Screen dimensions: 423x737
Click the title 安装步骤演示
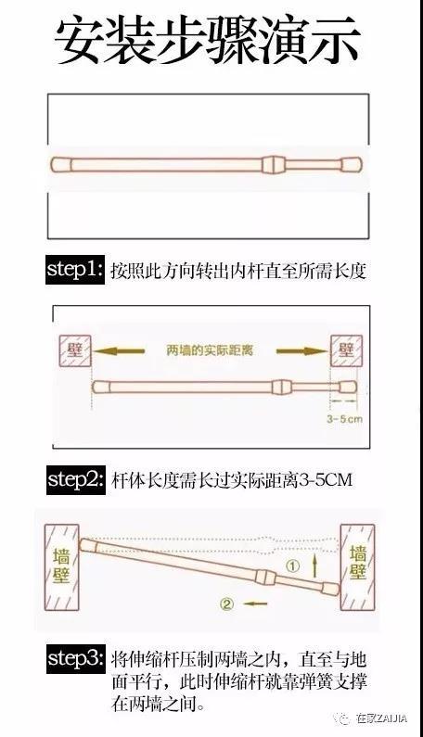(208, 41)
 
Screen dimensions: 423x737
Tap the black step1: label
(75, 270)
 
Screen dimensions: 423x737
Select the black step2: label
(76, 479)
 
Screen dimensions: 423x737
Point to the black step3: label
(76, 659)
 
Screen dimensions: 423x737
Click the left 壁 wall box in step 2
(74, 350)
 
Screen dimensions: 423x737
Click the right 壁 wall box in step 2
(346, 350)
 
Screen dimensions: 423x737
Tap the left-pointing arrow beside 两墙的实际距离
(119, 350)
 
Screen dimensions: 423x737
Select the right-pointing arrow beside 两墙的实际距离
(301, 350)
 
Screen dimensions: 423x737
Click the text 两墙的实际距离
(210, 350)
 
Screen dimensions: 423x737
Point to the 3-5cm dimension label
(344, 418)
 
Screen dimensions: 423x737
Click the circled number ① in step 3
(292, 566)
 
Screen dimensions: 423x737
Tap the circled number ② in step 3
(226, 604)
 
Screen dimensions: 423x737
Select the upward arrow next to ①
(314, 565)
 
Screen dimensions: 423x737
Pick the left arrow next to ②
(255, 604)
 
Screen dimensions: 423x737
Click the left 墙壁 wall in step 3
(61, 566)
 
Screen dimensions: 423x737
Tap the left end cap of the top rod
(60, 164)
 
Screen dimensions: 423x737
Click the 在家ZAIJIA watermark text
(381, 718)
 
